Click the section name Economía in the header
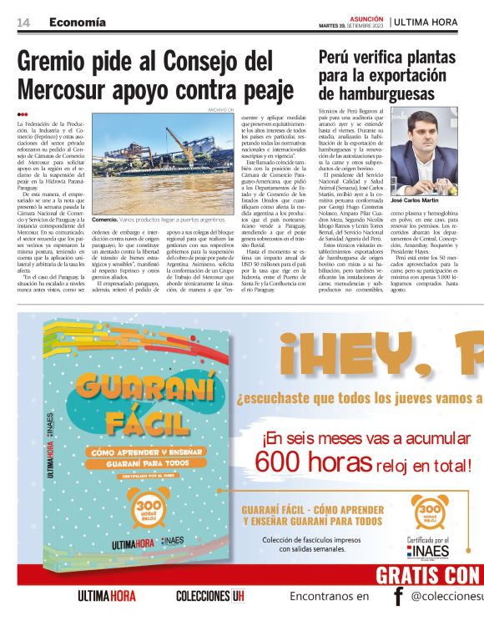point(77,22)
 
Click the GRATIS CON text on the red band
point(428,575)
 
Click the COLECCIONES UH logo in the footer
point(210,597)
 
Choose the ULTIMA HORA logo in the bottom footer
point(106,597)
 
